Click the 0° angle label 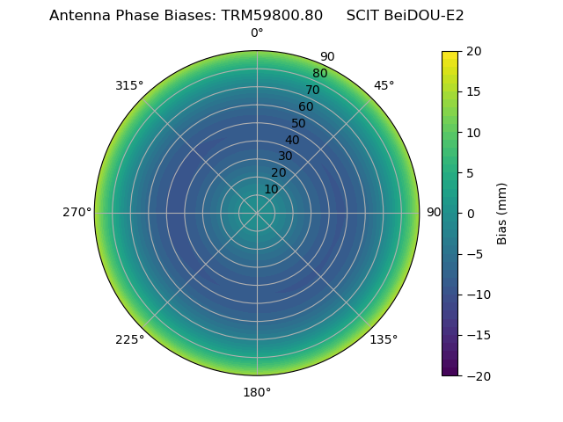(x=257, y=33)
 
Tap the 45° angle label (x=384, y=85)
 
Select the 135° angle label (x=384, y=339)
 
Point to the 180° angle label (x=257, y=392)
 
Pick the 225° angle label (x=129, y=339)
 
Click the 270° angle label (x=77, y=212)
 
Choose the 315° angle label (x=129, y=85)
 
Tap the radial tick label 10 (x=271, y=189)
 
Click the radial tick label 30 (x=285, y=156)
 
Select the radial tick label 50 (x=299, y=123)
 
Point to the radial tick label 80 (x=319, y=73)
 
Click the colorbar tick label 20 (x=473, y=52)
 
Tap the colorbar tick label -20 (x=477, y=375)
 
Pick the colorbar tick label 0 (x=470, y=214)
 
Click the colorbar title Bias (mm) (x=502, y=214)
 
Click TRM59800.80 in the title (x=266, y=15)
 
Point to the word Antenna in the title (x=78, y=15)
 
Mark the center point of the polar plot (x=257, y=213)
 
